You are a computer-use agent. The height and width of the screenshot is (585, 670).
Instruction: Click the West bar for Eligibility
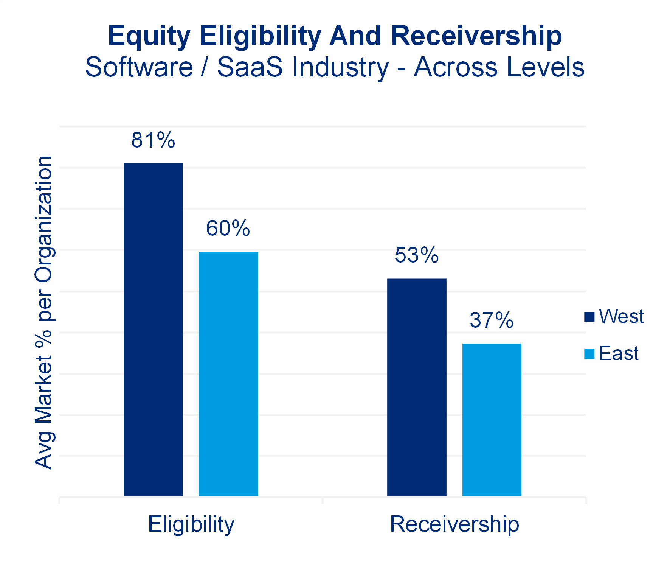(154, 329)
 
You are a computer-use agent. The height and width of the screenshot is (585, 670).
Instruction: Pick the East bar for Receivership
(492, 420)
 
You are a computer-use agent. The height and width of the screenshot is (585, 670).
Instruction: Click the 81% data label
(153, 140)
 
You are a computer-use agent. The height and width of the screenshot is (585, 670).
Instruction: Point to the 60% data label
(228, 228)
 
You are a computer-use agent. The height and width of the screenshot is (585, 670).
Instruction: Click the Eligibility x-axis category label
(191, 524)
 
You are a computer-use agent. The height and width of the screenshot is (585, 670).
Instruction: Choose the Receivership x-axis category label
(454, 524)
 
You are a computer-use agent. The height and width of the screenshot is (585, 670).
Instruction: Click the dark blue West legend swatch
(589, 316)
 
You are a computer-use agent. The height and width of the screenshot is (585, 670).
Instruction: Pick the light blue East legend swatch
(589, 354)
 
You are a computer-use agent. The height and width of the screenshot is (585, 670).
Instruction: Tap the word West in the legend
(621, 316)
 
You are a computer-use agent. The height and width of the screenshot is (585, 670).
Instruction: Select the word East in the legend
(619, 354)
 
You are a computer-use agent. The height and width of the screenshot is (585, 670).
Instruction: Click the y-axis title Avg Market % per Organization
(44, 312)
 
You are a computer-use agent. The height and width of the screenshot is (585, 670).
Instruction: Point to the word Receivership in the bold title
(476, 36)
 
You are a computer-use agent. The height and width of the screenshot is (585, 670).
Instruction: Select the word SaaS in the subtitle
(250, 67)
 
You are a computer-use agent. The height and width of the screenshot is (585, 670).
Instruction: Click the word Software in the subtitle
(139, 67)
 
